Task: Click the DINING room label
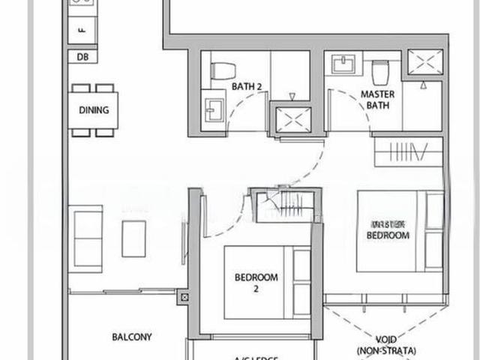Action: tap(94, 110)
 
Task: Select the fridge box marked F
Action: tap(81, 31)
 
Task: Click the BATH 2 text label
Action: tap(246, 87)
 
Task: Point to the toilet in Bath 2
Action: tap(223, 70)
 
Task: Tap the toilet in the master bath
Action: tap(380, 71)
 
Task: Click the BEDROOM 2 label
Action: tap(256, 283)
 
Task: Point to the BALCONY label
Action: tap(132, 337)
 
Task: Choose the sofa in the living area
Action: tap(87, 238)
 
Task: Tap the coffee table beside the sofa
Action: tap(133, 238)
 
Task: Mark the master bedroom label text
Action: tap(388, 229)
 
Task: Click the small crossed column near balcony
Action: tap(183, 298)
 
